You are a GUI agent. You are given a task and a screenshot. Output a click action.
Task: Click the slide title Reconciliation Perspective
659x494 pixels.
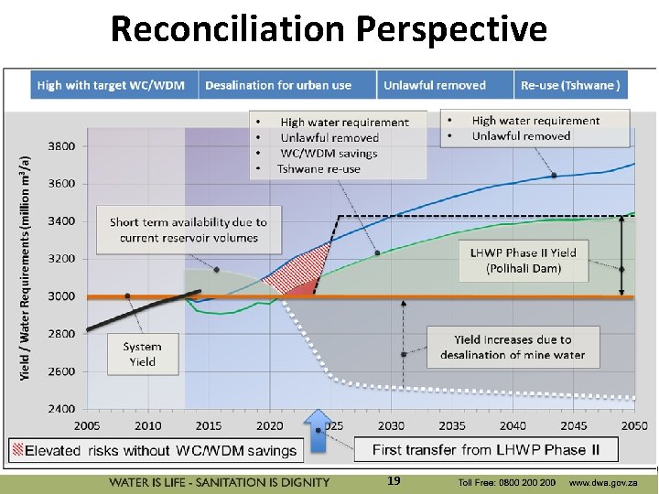(329, 29)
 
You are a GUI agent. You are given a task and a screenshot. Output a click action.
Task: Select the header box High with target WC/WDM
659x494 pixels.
(111, 85)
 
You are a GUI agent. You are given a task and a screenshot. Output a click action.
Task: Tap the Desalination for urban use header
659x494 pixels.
(278, 85)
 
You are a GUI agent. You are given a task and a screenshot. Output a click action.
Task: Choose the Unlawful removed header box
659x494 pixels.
(435, 85)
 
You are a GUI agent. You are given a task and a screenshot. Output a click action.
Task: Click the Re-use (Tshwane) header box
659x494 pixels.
(570, 85)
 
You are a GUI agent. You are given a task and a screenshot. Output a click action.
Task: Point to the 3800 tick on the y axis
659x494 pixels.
(61, 146)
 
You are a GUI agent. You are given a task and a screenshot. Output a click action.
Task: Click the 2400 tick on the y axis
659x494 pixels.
(61, 409)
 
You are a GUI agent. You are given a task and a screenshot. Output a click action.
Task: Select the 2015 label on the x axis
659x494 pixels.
(209, 425)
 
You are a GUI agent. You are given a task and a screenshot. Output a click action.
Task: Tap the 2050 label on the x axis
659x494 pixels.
(633, 425)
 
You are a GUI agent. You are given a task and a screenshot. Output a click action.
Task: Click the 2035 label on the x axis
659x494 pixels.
(452, 425)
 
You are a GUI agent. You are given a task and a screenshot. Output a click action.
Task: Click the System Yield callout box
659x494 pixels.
(142, 354)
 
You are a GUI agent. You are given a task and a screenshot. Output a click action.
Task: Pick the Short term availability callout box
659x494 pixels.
(189, 230)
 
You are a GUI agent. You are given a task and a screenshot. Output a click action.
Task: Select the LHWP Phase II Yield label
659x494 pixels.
(523, 260)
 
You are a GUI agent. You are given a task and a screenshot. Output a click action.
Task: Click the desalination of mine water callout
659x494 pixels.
(512, 347)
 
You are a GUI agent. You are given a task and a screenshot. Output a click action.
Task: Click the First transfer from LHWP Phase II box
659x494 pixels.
(486, 449)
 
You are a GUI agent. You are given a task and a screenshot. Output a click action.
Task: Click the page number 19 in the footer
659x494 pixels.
(394, 481)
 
